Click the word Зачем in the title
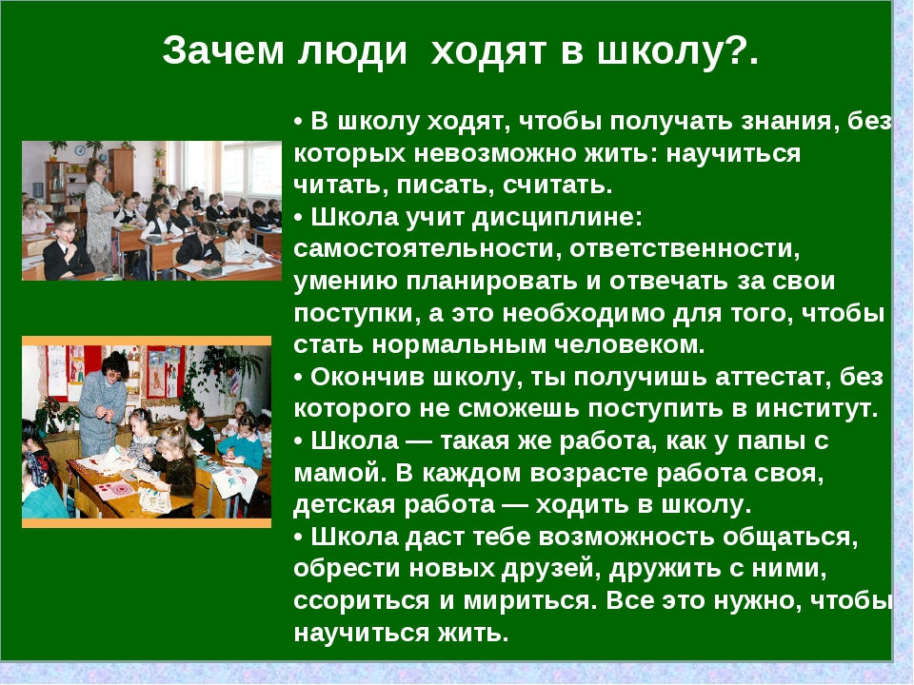coord(223,50)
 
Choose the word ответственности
coord(685,249)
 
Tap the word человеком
coord(629,345)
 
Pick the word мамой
coord(341,473)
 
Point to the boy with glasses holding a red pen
coord(66,247)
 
